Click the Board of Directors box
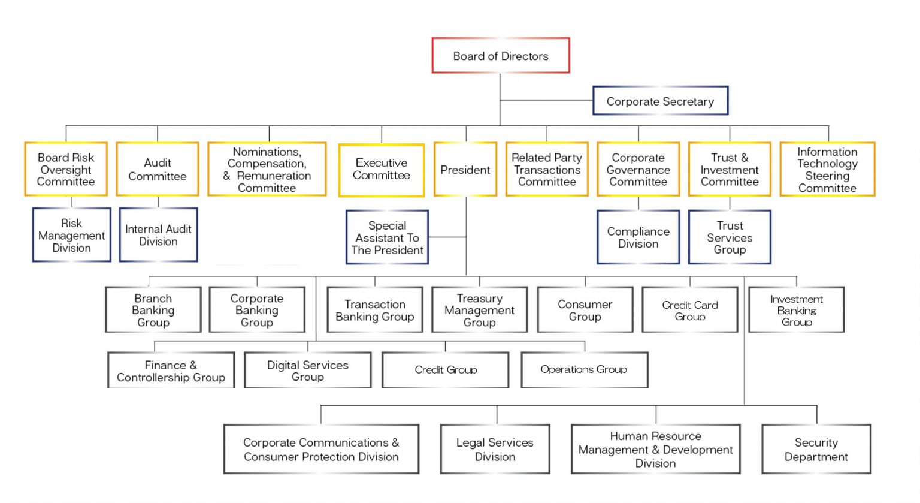click(x=501, y=56)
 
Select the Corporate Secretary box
click(x=660, y=101)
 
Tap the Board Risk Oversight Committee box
click(x=66, y=169)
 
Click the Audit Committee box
click(x=158, y=169)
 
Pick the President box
click(x=465, y=170)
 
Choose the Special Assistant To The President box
click(x=387, y=237)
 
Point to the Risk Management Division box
click(x=72, y=235)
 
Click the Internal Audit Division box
click(x=158, y=235)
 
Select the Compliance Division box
click(x=638, y=237)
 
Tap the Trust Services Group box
click(x=730, y=237)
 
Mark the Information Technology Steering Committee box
click(x=827, y=170)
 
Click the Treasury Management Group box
click(x=479, y=310)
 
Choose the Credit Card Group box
click(x=690, y=310)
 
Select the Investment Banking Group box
click(x=797, y=310)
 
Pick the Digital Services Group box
click(x=308, y=371)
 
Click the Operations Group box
click(x=584, y=370)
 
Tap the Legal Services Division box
click(x=495, y=450)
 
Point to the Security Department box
click(x=816, y=450)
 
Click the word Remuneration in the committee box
click(x=274, y=176)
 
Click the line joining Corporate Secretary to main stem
click(x=546, y=100)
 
